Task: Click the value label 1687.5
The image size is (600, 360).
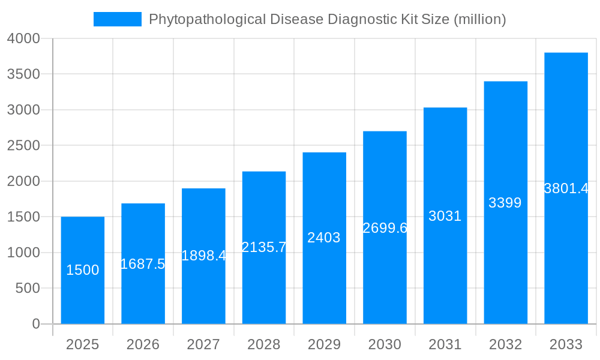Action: click(143, 264)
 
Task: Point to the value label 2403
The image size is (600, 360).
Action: click(324, 238)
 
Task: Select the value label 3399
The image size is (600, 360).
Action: click(505, 203)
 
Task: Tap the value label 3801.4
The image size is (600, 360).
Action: click(566, 188)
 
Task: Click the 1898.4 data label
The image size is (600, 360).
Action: click(203, 256)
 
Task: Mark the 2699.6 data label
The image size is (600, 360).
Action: click(385, 228)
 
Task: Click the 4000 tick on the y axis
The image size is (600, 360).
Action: click(23, 38)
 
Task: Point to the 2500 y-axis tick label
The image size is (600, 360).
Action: click(23, 146)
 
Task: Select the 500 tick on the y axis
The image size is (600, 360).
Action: click(28, 289)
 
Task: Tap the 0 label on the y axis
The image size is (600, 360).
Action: click(35, 324)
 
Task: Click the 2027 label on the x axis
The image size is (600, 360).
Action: click(203, 344)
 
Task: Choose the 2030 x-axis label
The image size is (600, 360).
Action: click(385, 344)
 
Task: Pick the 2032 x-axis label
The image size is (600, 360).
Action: click(505, 344)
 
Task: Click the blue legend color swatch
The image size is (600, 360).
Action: click(118, 19)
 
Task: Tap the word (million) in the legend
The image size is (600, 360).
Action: click(479, 20)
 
